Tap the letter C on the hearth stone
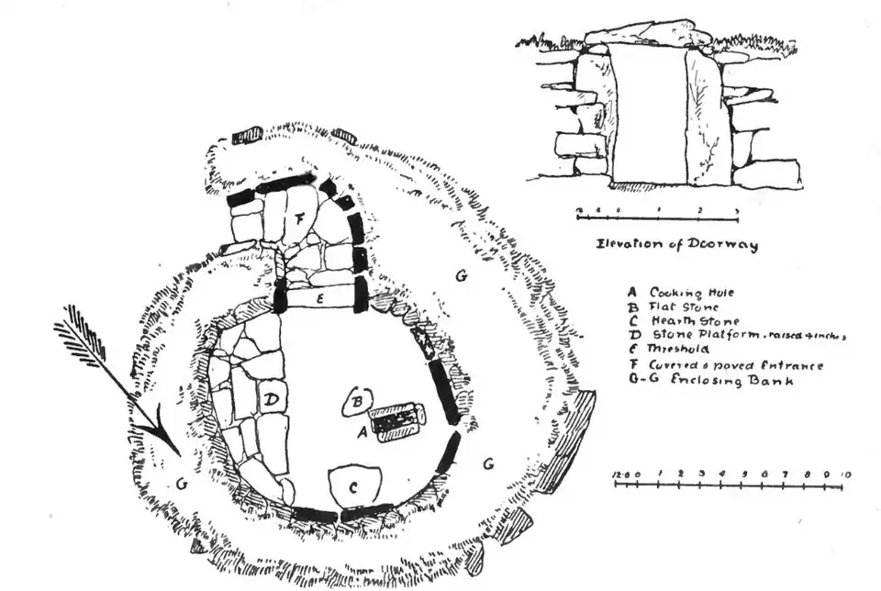coord(352,487)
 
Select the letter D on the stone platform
coord(273,400)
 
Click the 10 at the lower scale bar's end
coord(845,474)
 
